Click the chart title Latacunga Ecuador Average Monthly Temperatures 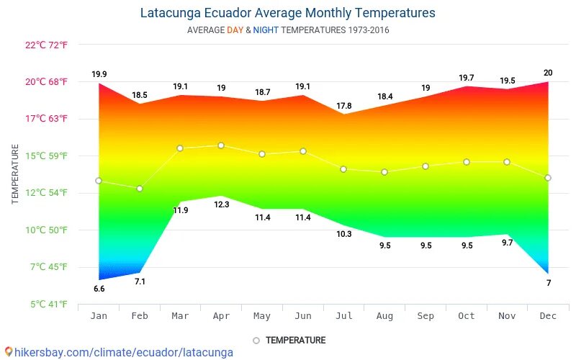tap(287, 13)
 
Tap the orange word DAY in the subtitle tap(235, 30)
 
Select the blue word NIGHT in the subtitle tap(266, 30)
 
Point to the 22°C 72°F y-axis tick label tap(46, 45)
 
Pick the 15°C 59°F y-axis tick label tap(46, 156)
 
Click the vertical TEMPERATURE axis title tap(15, 174)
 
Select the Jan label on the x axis tap(99, 316)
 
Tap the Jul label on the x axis tap(343, 316)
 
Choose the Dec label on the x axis tap(548, 316)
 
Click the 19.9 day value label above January tap(99, 74)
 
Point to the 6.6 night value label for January tap(99, 289)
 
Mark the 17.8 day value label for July tap(343, 106)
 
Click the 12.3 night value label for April tap(221, 204)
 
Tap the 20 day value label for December tap(548, 73)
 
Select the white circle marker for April tap(221, 145)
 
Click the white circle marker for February tap(140, 189)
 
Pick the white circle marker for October tap(467, 162)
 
